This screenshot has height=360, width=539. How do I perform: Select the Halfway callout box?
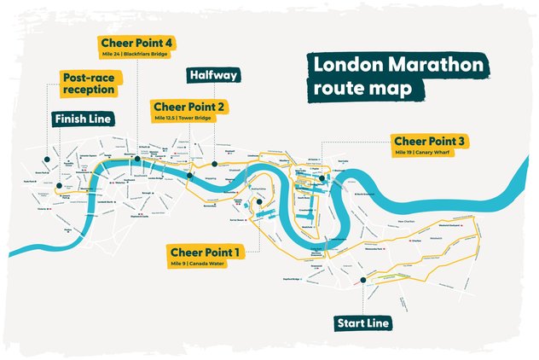coord(214,76)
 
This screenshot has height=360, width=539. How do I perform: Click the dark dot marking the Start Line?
coord(362,280)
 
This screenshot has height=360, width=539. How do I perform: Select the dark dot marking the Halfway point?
coord(215,161)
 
